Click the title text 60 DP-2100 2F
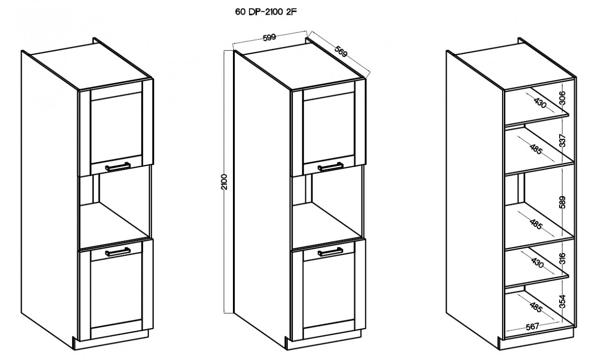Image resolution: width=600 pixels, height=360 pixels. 266,12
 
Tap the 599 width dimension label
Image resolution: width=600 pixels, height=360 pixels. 269,37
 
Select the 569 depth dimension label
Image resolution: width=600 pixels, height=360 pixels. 341,52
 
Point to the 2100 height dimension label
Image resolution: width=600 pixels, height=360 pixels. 225,182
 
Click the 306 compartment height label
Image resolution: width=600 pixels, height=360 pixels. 562,98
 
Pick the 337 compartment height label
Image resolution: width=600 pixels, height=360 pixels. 562,140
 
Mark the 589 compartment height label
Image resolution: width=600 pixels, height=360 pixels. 562,202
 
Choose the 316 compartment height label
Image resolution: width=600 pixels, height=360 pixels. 562,258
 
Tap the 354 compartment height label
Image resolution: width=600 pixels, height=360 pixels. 562,301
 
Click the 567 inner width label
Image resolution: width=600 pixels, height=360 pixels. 532,327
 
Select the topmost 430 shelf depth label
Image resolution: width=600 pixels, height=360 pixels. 540,103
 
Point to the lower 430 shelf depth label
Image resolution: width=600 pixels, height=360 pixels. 537,263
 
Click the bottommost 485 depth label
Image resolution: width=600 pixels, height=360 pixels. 536,307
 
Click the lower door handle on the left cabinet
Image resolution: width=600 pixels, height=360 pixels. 118,252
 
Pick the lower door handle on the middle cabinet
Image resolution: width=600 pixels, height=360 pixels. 330,252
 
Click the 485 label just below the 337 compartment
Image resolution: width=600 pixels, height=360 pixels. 536,149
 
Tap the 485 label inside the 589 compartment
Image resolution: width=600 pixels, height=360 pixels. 536,224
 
